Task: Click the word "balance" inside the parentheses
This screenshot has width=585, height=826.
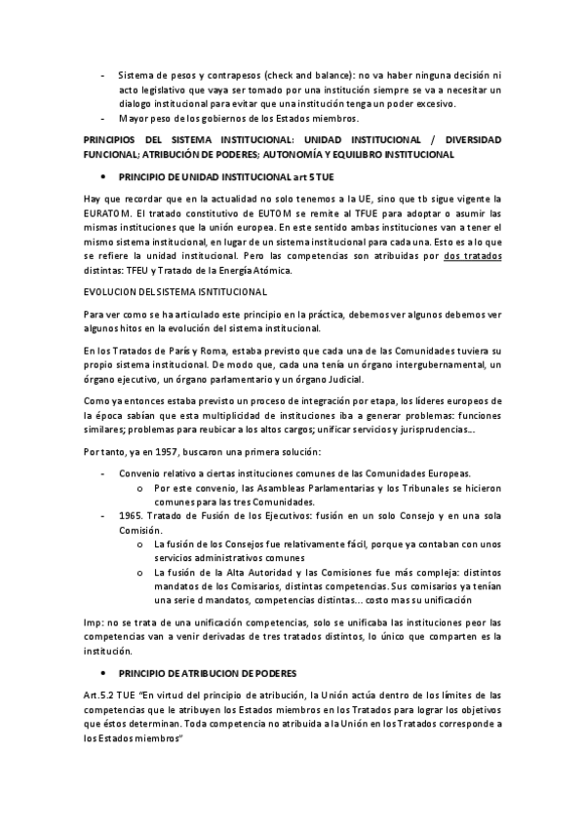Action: pos(336,75)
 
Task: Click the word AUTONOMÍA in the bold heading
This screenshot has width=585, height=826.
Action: pos(319,154)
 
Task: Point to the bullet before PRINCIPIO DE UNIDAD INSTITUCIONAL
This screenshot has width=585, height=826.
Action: pos(103,177)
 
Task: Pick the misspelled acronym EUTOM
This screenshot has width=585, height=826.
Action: pos(257,212)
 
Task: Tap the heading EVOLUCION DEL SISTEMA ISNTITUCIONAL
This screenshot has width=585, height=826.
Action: pos(176,292)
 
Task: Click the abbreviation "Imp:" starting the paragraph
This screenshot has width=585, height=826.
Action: pos(96,621)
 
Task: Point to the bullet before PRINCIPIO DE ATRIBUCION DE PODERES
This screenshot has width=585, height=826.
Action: pos(103,672)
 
